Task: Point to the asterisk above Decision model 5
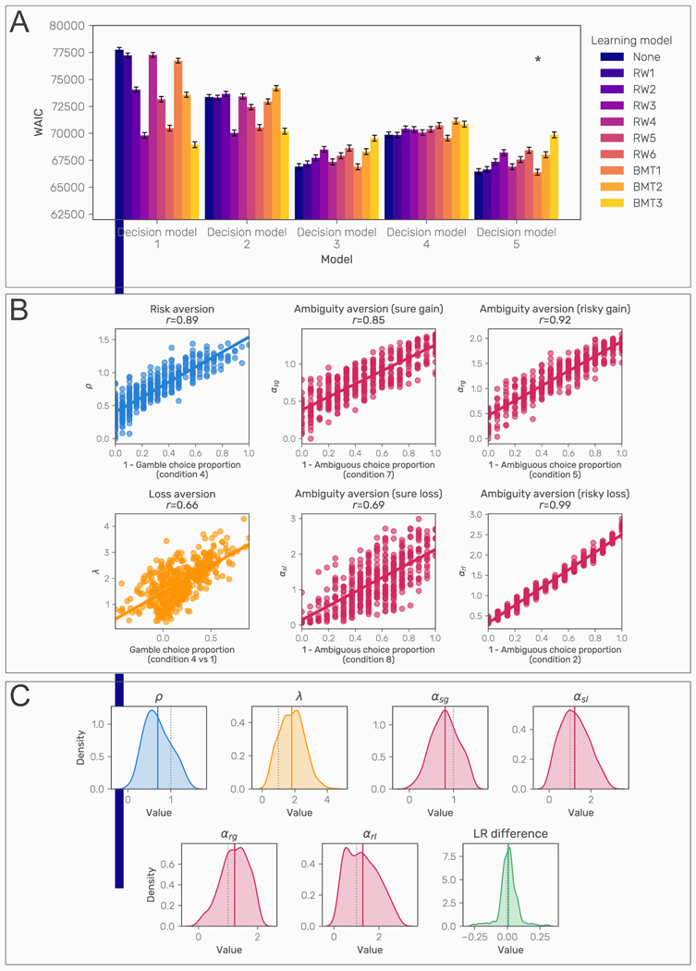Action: point(538,60)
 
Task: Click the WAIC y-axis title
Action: point(38,122)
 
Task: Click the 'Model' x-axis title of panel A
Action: point(336,260)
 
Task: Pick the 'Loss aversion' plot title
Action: point(181,495)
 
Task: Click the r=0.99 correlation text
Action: point(552,508)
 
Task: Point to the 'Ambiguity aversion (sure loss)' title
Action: point(366,495)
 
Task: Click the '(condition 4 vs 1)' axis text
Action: point(181,650)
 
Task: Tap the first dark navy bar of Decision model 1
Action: point(119,134)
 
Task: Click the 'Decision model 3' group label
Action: point(336,232)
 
